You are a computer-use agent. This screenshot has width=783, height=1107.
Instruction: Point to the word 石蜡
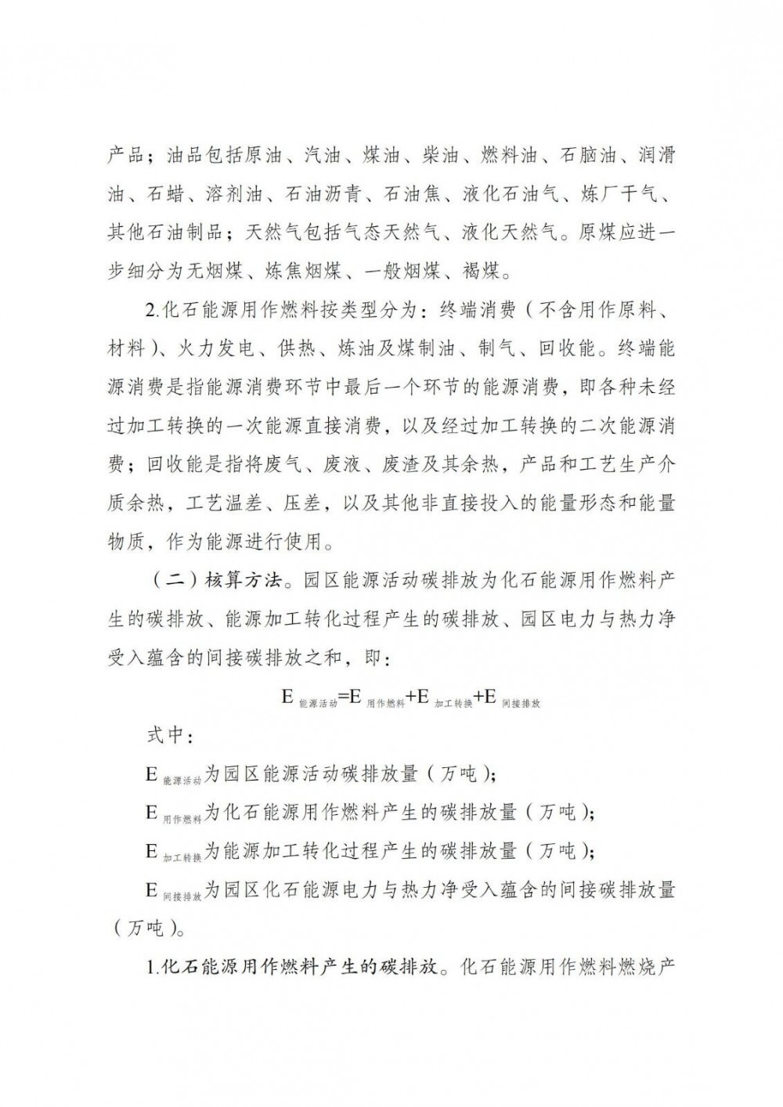point(165,193)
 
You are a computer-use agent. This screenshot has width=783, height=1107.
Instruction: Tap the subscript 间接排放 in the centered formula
point(520,703)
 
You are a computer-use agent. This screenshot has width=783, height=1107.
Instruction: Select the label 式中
point(165,736)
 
